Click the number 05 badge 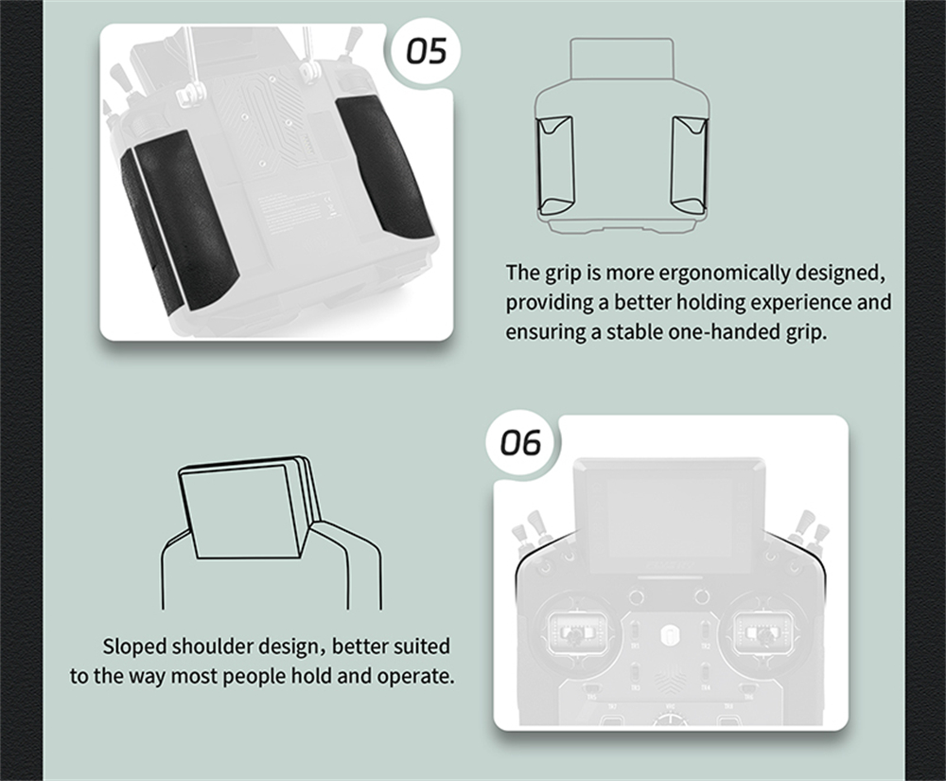point(427,51)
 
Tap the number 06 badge point(520,443)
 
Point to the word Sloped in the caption point(134,647)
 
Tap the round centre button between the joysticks point(670,634)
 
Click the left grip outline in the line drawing point(555,166)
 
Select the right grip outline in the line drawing point(689,166)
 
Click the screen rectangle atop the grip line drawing point(622,59)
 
